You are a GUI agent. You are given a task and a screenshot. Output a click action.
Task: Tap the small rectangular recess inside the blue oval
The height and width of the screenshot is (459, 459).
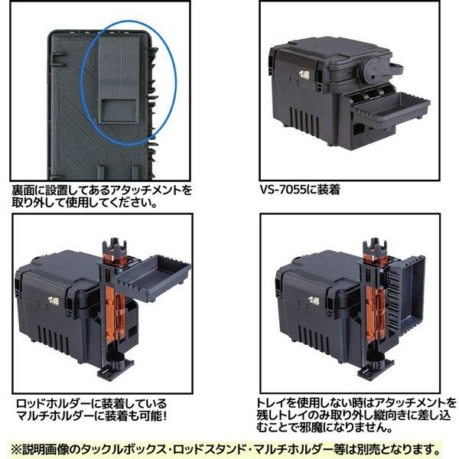(119, 110)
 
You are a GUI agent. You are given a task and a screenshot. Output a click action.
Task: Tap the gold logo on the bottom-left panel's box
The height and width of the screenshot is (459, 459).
(54, 301)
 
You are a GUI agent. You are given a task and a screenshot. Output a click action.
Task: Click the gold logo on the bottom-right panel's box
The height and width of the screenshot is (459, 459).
(314, 301)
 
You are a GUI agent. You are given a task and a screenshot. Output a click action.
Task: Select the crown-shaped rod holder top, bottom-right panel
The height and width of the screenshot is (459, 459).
(375, 246)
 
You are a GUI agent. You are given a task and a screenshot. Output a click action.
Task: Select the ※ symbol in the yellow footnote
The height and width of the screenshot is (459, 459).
(16, 449)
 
